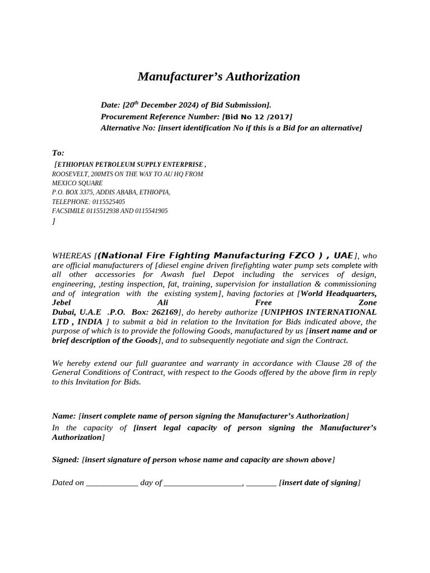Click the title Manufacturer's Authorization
[x=219, y=77]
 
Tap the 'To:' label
[x=58, y=153]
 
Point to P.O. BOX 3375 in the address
[x=73, y=192]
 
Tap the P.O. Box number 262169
[x=161, y=312]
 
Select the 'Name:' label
[x=64, y=416]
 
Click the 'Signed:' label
[x=66, y=459]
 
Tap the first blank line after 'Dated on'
[x=112, y=482]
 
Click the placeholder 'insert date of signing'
[x=320, y=482]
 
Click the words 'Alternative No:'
[x=128, y=128]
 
